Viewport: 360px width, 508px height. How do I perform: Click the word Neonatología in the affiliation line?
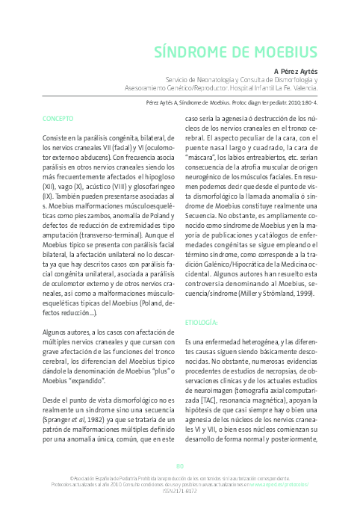coord(214,78)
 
